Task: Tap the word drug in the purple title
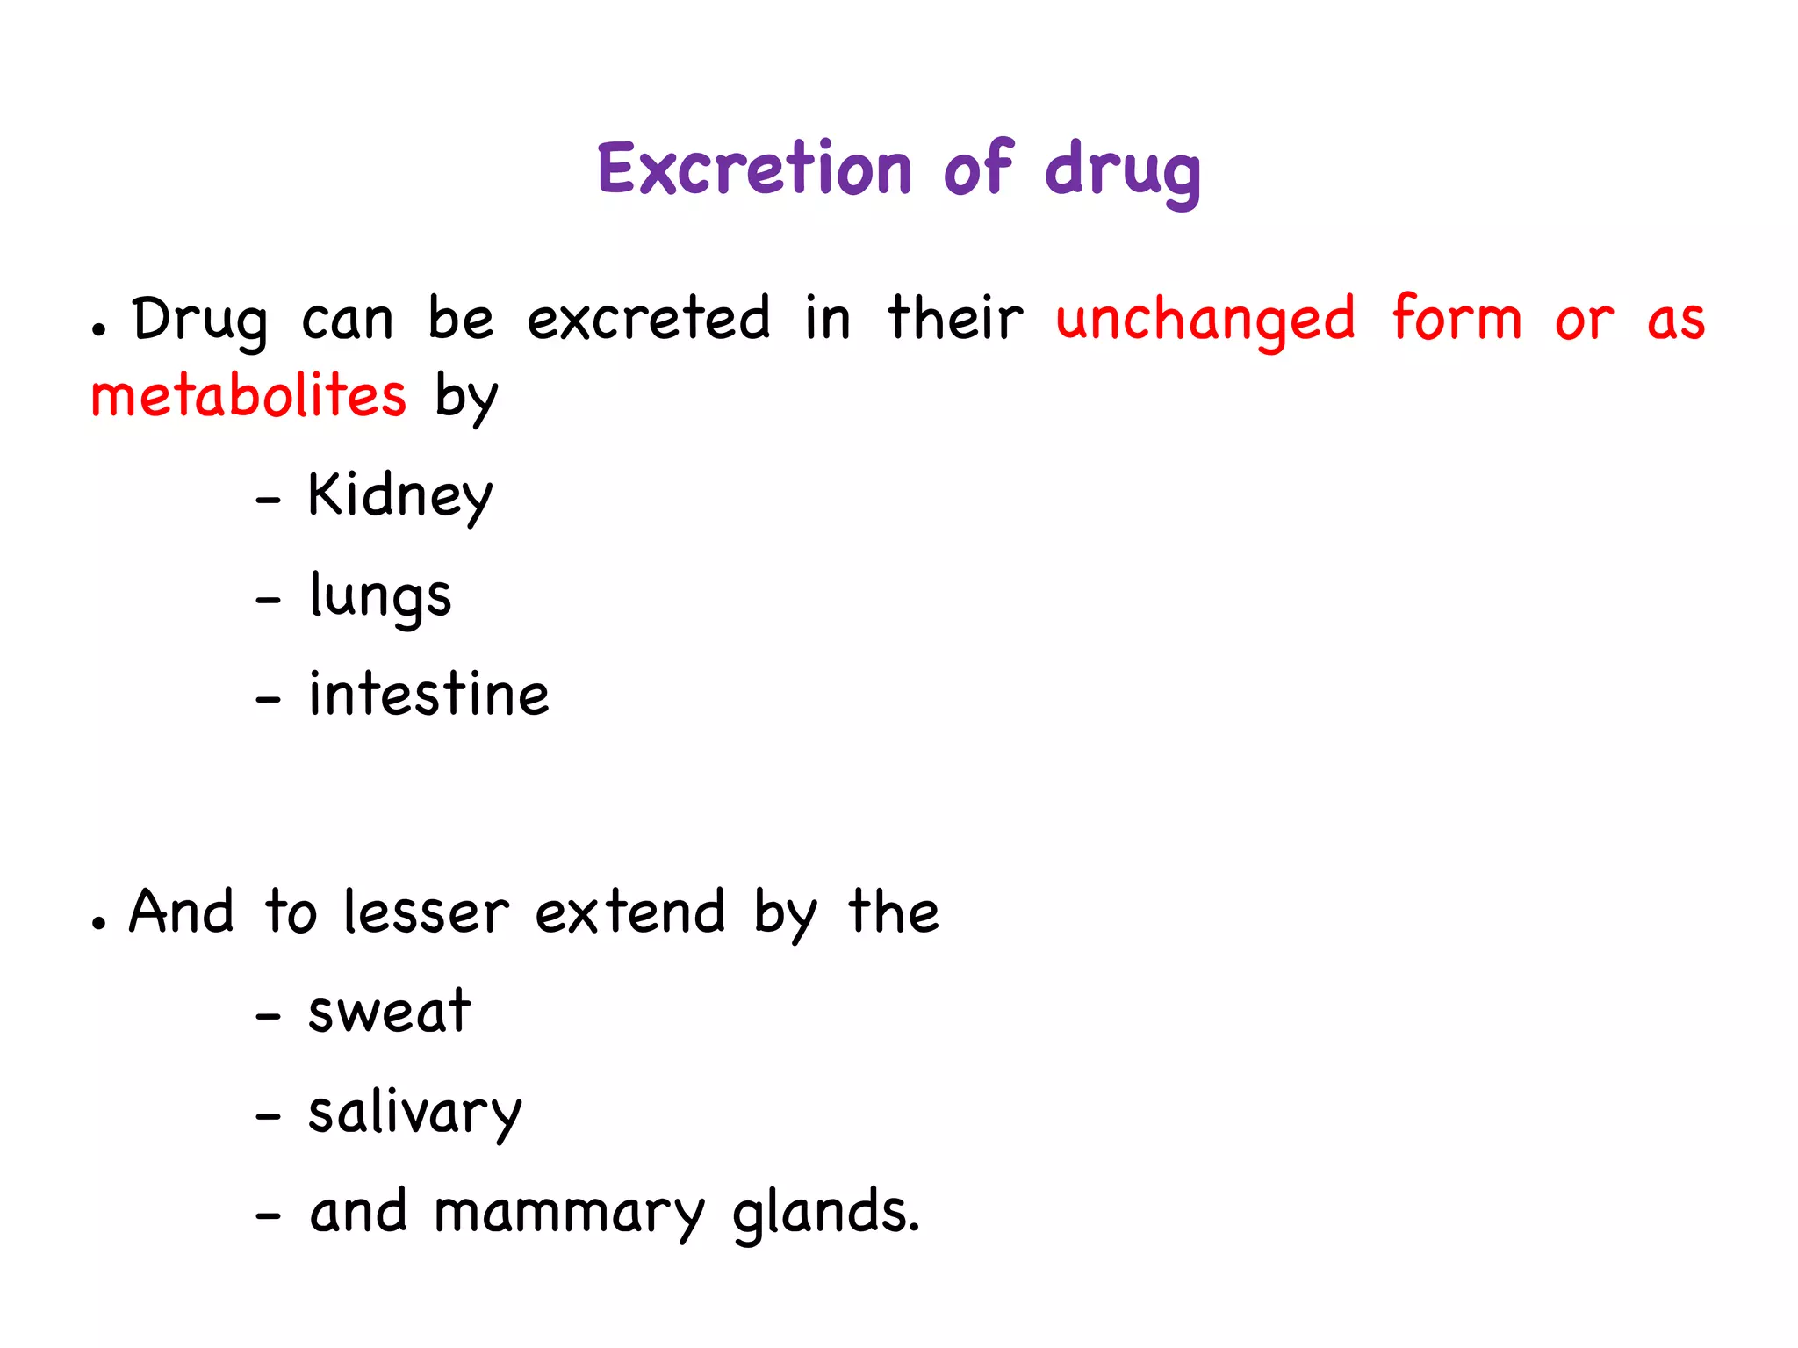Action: [1123, 171]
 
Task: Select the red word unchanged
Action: [1205, 320]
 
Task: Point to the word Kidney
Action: [399, 496]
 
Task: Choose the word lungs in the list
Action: [380, 597]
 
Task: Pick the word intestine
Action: [428, 695]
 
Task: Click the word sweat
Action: [389, 1012]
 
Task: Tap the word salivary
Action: [414, 1114]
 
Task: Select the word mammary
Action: [569, 1214]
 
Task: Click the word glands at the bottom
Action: [825, 1212]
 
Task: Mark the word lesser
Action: [426, 912]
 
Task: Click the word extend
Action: [629, 912]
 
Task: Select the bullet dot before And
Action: [99, 924]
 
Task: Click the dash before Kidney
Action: [268, 501]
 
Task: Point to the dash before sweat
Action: [268, 1017]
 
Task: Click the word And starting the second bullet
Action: [182, 912]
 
